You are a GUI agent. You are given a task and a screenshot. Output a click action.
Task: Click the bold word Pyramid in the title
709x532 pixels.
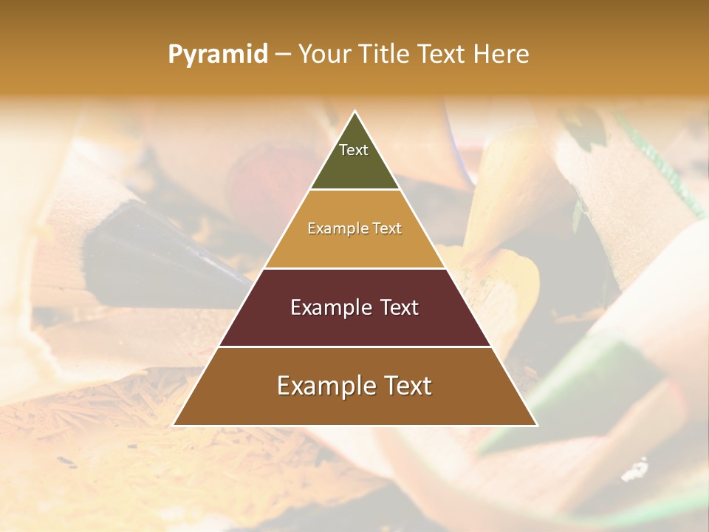coord(218,55)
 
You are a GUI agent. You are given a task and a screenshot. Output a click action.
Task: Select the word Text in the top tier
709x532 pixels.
coord(354,150)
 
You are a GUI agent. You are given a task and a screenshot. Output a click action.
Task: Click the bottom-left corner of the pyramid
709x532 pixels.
coord(174,425)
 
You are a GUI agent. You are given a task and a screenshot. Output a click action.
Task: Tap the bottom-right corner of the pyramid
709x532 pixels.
coord(536,425)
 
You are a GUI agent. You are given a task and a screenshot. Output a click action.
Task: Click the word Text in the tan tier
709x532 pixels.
coord(387,228)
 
